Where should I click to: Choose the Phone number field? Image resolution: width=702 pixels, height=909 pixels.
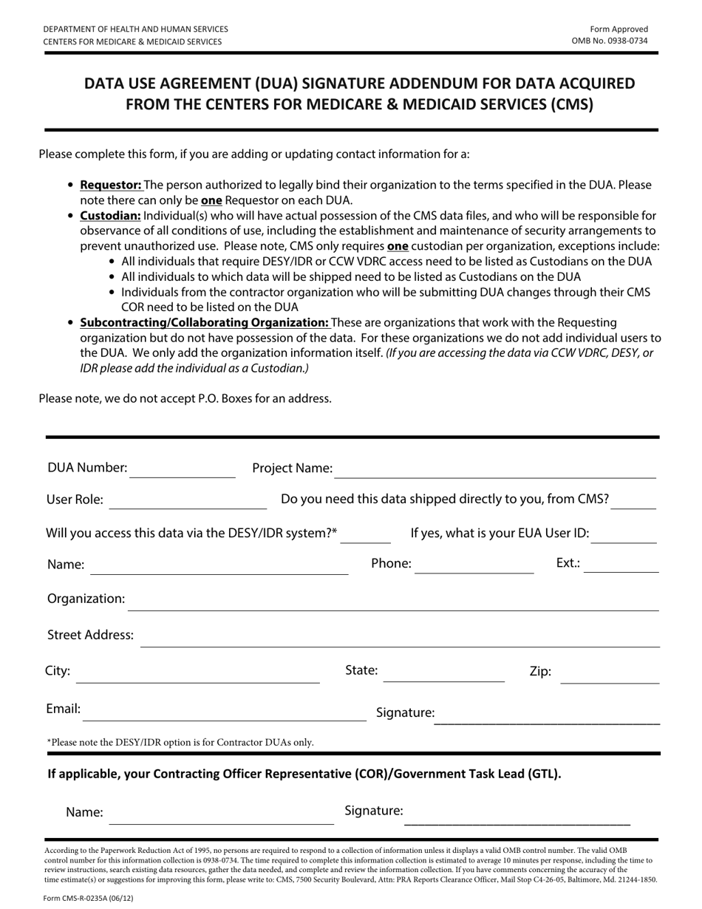pos(474,568)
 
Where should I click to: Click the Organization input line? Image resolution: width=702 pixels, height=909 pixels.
pos(393,605)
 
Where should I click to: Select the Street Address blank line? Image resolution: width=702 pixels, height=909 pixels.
pos(399,641)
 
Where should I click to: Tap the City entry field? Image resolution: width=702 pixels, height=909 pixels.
pos(198,677)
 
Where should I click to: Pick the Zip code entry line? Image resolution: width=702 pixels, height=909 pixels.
pos(610,678)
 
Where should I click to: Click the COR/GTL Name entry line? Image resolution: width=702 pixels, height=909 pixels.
pos(222,817)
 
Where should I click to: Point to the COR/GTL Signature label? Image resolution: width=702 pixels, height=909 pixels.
pos(374,811)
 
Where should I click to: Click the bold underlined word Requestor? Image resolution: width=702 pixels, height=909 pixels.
pos(111,185)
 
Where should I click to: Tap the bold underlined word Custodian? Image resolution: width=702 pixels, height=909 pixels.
pos(110,216)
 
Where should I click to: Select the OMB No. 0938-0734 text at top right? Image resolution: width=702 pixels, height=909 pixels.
pos(610,41)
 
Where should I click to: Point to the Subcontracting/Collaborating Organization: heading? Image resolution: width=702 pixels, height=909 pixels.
pos(204,322)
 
